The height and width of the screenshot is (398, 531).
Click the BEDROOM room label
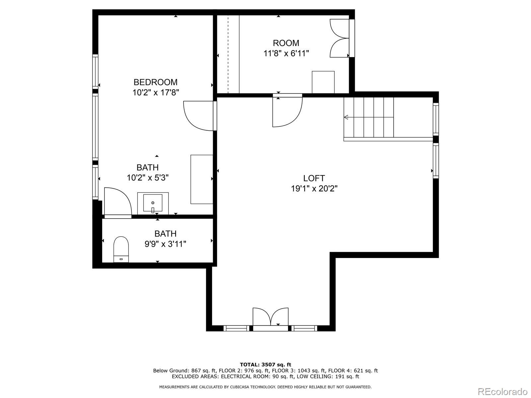click(155, 82)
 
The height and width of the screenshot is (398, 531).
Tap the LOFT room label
click(314, 178)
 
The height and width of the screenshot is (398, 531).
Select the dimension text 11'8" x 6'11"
click(286, 53)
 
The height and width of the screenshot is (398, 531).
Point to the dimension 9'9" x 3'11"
click(165, 244)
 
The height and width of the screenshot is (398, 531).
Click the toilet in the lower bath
click(121, 249)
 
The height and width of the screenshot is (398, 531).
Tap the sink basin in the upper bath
click(153, 203)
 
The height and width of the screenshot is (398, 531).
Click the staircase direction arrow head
click(346, 117)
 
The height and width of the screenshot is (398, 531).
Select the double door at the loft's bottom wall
click(270, 316)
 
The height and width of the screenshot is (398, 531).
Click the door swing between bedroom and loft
click(198, 116)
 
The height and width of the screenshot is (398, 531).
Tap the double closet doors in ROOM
click(339, 38)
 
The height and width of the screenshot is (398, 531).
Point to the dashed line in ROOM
click(228, 54)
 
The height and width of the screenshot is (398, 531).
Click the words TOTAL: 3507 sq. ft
click(265, 365)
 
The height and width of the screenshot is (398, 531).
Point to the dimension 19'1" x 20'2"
click(314, 188)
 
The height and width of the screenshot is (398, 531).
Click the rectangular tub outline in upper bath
click(202, 179)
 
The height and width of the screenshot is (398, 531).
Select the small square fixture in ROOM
click(323, 82)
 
